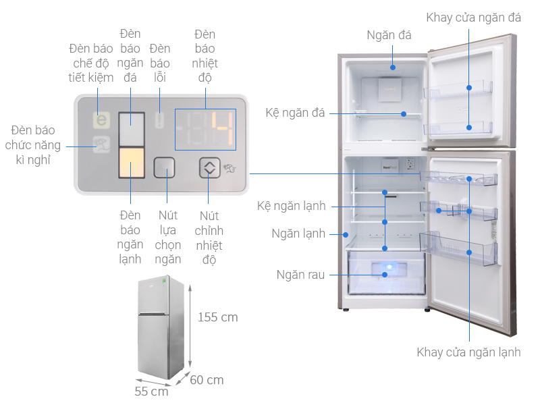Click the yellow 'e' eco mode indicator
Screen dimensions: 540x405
(102, 120)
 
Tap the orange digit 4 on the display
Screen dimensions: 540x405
(223, 128)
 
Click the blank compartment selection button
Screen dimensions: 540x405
(164, 167)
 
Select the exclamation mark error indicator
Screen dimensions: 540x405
(159, 120)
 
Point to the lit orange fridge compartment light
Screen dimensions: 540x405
(132, 163)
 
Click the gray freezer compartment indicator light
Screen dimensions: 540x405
(132, 129)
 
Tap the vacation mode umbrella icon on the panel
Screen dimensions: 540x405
(102, 144)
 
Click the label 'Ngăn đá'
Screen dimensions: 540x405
(389, 36)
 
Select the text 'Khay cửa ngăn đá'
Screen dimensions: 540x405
(474, 18)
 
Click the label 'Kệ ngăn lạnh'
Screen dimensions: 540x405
(292, 206)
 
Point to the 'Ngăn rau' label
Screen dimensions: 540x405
(300, 275)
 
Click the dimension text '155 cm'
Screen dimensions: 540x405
(217, 317)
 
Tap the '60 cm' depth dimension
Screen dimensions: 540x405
(207, 380)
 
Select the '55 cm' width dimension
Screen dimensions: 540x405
(151, 391)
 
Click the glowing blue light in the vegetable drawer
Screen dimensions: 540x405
(389, 267)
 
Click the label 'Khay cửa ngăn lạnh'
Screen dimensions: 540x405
(468, 352)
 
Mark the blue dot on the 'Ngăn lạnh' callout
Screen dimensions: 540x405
(346, 235)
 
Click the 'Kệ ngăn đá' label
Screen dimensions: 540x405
(295, 113)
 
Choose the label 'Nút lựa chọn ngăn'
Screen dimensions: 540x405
(167, 238)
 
